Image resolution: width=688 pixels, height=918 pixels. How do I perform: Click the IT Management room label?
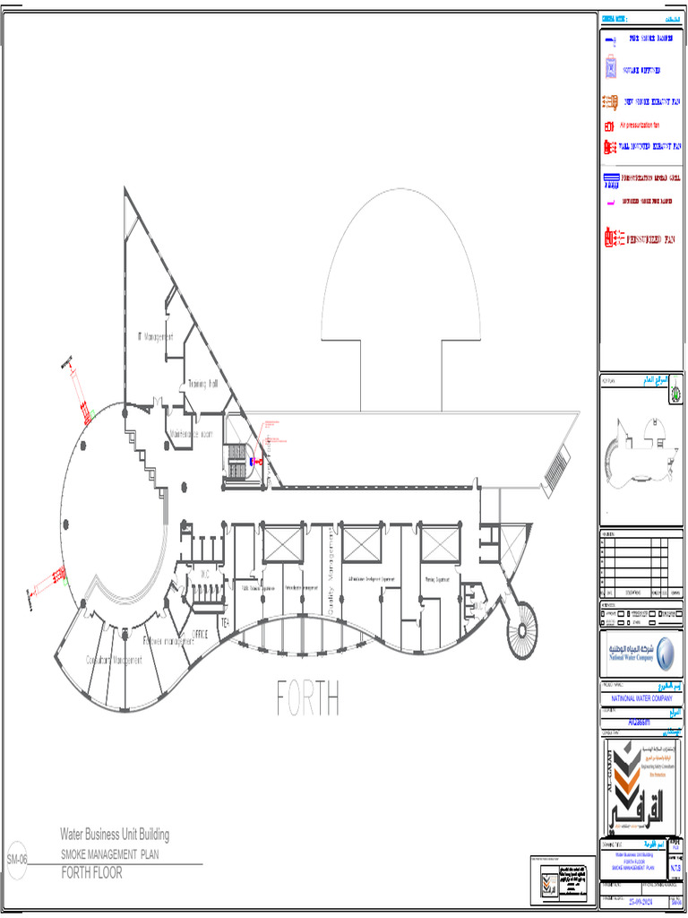coord(154,337)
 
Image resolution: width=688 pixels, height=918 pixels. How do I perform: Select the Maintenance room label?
coord(191,434)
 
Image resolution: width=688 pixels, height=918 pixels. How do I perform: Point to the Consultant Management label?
coord(114,660)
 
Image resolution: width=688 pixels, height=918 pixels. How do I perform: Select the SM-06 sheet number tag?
coord(17,859)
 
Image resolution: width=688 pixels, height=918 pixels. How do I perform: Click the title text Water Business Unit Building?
coord(114,835)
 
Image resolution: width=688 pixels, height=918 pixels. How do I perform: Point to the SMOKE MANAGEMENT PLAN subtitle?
coord(109,855)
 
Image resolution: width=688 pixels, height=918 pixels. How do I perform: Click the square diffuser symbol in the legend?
coord(610,69)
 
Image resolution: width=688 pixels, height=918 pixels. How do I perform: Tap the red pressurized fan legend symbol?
coord(614,238)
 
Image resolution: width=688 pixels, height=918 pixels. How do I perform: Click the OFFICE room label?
coord(200,634)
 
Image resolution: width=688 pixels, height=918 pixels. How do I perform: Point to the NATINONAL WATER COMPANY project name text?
coord(641,697)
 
